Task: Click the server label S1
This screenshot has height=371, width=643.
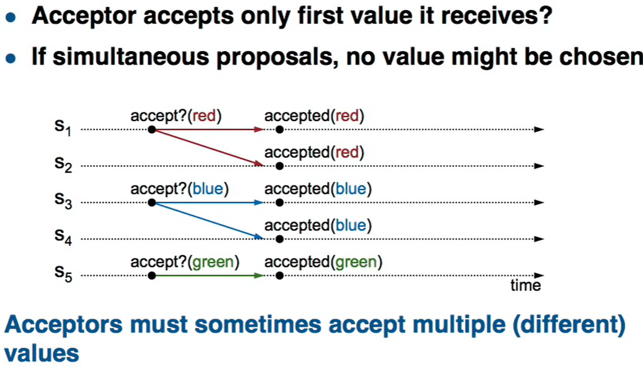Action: (x=63, y=127)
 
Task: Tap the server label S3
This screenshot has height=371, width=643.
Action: (x=63, y=201)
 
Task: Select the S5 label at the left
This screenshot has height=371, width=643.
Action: (x=63, y=273)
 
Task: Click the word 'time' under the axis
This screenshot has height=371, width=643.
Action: (x=526, y=285)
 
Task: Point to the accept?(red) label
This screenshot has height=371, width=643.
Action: (x=176, y=116)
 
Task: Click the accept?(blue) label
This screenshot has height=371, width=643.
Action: (x=180, y=189)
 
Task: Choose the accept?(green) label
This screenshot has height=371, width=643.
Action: (x=185, y=262)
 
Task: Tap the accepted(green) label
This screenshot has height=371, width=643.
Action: (x=323, y=262)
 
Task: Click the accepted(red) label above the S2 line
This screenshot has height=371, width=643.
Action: (x=314, y=152)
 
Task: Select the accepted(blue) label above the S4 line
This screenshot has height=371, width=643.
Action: (x=318, y=226)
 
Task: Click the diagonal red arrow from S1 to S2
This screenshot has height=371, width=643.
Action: (x=208, y=148)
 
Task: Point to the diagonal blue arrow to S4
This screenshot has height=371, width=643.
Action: (x=208, y=220)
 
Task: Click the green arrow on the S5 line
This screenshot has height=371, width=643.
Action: (x=208, y=276)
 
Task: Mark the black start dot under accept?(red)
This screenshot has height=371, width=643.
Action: (x=152, y=130)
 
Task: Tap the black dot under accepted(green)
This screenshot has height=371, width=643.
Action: (x=280, y=276)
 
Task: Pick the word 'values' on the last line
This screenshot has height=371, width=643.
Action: (x=41, y=354)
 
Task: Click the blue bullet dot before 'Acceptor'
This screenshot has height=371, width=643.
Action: (x=11, y=17)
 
